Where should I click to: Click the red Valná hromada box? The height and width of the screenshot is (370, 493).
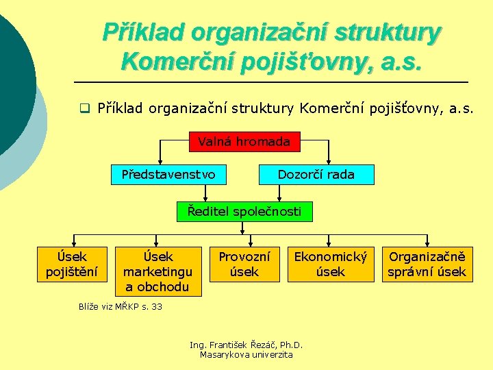click(x=244, y=143)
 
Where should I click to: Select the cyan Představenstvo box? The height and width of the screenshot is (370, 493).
click(x=168, y=175)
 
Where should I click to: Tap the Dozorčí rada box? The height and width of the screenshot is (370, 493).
click(x=316, y=175)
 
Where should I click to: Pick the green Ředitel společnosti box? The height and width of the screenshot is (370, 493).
click(x=244, y=211)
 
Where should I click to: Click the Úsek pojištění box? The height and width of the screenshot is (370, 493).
click(x=71, y=264)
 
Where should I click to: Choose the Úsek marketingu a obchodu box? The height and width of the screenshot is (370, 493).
click(x=158, y=271)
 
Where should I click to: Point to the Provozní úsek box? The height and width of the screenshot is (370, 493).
click(x=244, y=264)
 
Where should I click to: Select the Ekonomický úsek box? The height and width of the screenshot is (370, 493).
click(x=331, y=264)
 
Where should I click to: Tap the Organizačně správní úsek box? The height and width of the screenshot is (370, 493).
click(x=427, y=264)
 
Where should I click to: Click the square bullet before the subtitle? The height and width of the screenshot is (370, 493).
click(x=84, y=108)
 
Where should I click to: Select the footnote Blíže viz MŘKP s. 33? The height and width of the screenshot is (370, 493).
click(x=121, y=306)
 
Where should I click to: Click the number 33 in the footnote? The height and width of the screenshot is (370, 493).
click(x=157, y=306)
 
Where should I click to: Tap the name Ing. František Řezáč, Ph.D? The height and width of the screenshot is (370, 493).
click(x=246, y=345)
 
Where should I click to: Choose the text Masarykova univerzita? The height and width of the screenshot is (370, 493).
click(x=246, y=354)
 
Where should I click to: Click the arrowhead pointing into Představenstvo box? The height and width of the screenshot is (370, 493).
click(x=160, y=162)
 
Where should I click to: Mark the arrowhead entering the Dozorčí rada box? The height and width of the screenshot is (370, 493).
click(x=330, y=162)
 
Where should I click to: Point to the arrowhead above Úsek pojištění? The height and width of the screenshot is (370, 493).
click(x=71, y=243)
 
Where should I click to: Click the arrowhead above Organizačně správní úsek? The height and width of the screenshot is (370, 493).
click(x=427, y=243)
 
